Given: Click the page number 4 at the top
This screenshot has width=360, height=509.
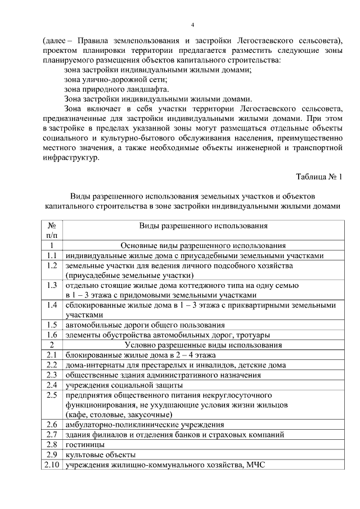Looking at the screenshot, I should (x=192, y=25).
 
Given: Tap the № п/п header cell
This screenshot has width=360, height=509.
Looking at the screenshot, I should (x=51, y=230).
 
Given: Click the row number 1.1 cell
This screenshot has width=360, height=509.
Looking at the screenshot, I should (x=51, y=255).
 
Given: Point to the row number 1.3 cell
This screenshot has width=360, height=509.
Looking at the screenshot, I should (x=51, y=285).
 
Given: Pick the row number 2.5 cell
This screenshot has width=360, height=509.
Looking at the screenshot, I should (x=51, y=395).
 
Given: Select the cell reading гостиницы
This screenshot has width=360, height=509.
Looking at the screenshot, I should (x=84, y=445).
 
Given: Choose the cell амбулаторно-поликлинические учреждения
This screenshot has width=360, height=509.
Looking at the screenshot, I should (x=145, y=425).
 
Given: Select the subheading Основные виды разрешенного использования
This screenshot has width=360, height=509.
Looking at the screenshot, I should (x=203, y=245).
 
